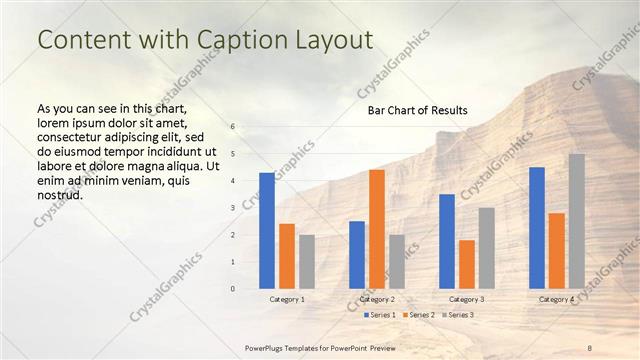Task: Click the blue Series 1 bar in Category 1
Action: [x=267, y=231]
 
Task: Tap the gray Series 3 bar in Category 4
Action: [x=577, y=221]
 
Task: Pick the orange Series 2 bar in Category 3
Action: [x=467, y=264]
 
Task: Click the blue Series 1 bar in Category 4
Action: [x=537, y=228]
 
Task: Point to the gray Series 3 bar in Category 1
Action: [x=307, y=262]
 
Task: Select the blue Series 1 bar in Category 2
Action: [x=357, y=255]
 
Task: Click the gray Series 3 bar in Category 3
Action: [x=487, y=248]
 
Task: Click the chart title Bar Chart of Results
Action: [x=411, y=110]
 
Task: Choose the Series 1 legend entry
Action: [x=378, y=315]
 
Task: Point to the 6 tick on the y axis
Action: [x=232, y=127]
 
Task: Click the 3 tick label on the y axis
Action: [x=232, y=208]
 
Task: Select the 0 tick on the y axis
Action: [x=232, y=289]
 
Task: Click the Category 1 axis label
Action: [x=287, y=299]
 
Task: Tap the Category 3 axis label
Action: [x=467, y=299]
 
